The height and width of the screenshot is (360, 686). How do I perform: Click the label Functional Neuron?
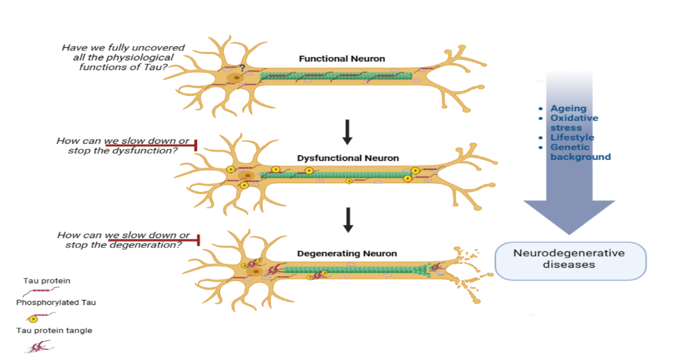pyautogui.click(x=342, y=58)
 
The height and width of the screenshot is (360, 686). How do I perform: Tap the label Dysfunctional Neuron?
pyautogui.click(x=348, y=158)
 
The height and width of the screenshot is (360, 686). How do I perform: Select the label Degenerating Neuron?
pyautogui.click(x=347, y=253)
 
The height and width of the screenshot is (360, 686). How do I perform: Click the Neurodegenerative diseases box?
pyautogui.click(x=570, y=260)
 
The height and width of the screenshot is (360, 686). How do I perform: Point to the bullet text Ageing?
pyautogui.click(x=568, y=109)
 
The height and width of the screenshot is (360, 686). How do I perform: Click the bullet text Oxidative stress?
pyautogui.click(x=574, y=123)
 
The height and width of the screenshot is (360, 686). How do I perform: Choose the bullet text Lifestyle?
pyautogui.click(x=572, y=138)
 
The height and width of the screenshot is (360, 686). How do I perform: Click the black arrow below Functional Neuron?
pyautogui.click(x=347, y=132)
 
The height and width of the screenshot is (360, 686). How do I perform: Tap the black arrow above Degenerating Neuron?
pyautogui.click(x=347, y=220)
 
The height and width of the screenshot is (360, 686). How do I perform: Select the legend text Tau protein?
pyautogui.click(x=47, y=281)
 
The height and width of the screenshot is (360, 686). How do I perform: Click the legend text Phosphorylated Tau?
pyautogui.click(x=56, y=302)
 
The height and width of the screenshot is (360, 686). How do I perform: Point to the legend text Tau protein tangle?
pyautogui.click(x=54, y=330)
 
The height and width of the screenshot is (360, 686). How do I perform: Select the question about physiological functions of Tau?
pyautogui.click(x=123, y=57)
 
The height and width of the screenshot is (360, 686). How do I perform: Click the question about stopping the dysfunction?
pyautogui.click(x=123, y=146)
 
